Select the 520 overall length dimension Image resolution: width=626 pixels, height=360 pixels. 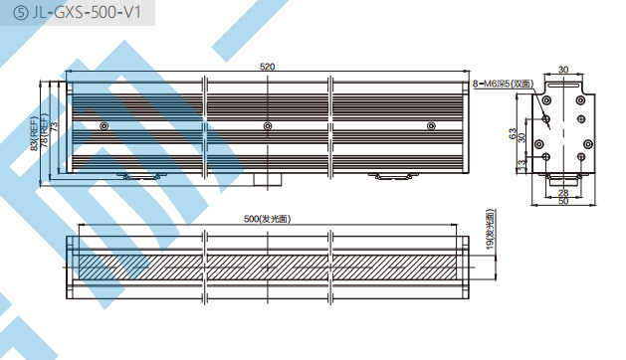click(x=267, y=67)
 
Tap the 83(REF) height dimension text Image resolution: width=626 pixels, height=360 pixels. click(x=35, y=133)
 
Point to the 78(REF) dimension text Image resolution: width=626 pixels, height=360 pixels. click(x=45, y=130)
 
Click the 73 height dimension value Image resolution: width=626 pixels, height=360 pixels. click(x=55, y=126)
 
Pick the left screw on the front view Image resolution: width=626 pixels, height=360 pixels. click(x=104, y=126)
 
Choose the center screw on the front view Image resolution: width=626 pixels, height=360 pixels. click(x=268, y=126)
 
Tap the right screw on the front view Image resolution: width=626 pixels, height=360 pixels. click(x=431, y=126)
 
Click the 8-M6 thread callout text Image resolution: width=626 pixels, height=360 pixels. click(x=503, y=84)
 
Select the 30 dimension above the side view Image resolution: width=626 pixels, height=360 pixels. click(x=563, y=70)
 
